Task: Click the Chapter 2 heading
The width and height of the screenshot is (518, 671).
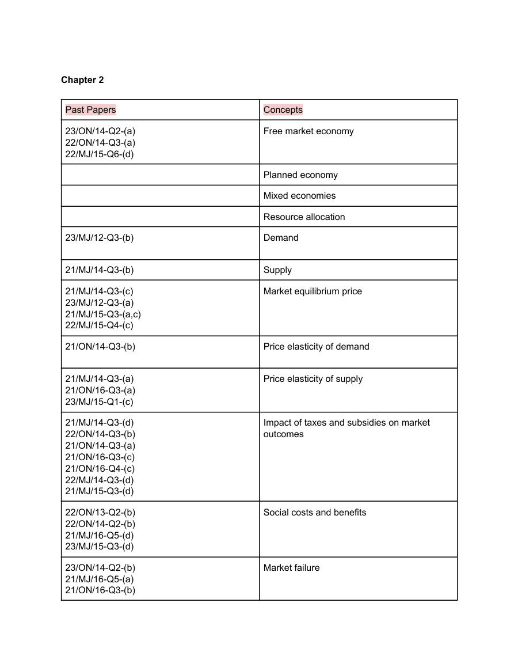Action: point(82,80)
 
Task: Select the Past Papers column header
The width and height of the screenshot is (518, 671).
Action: point(90,109)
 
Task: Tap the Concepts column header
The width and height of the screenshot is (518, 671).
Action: point(283,109)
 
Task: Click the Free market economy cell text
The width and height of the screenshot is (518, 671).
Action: point(308,131)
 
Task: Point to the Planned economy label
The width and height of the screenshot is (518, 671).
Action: point(300,175)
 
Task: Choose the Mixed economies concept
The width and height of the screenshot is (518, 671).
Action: point(299,196)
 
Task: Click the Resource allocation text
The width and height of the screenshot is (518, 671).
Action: point(304,217)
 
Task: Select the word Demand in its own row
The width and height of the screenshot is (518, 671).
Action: point(281,238)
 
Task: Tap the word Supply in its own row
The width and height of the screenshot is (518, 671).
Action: point(277,270)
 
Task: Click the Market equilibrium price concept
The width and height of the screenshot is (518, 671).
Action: point(313,291)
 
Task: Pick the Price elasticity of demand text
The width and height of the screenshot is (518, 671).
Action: point(316,347)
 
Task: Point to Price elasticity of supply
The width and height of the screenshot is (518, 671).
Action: point(313,379)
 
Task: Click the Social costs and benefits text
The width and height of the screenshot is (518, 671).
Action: point(315,513)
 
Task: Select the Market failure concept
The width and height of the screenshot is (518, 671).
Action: point(291,568)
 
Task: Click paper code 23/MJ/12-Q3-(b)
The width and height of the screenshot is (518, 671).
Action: point(99,238)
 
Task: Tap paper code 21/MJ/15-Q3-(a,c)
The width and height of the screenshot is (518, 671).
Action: point(103,314)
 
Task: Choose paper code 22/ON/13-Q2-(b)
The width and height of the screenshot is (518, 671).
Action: point(100,513)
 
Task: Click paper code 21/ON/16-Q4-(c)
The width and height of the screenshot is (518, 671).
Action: point(100,469)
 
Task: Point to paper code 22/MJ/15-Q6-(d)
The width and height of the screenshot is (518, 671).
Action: point(100,154)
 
